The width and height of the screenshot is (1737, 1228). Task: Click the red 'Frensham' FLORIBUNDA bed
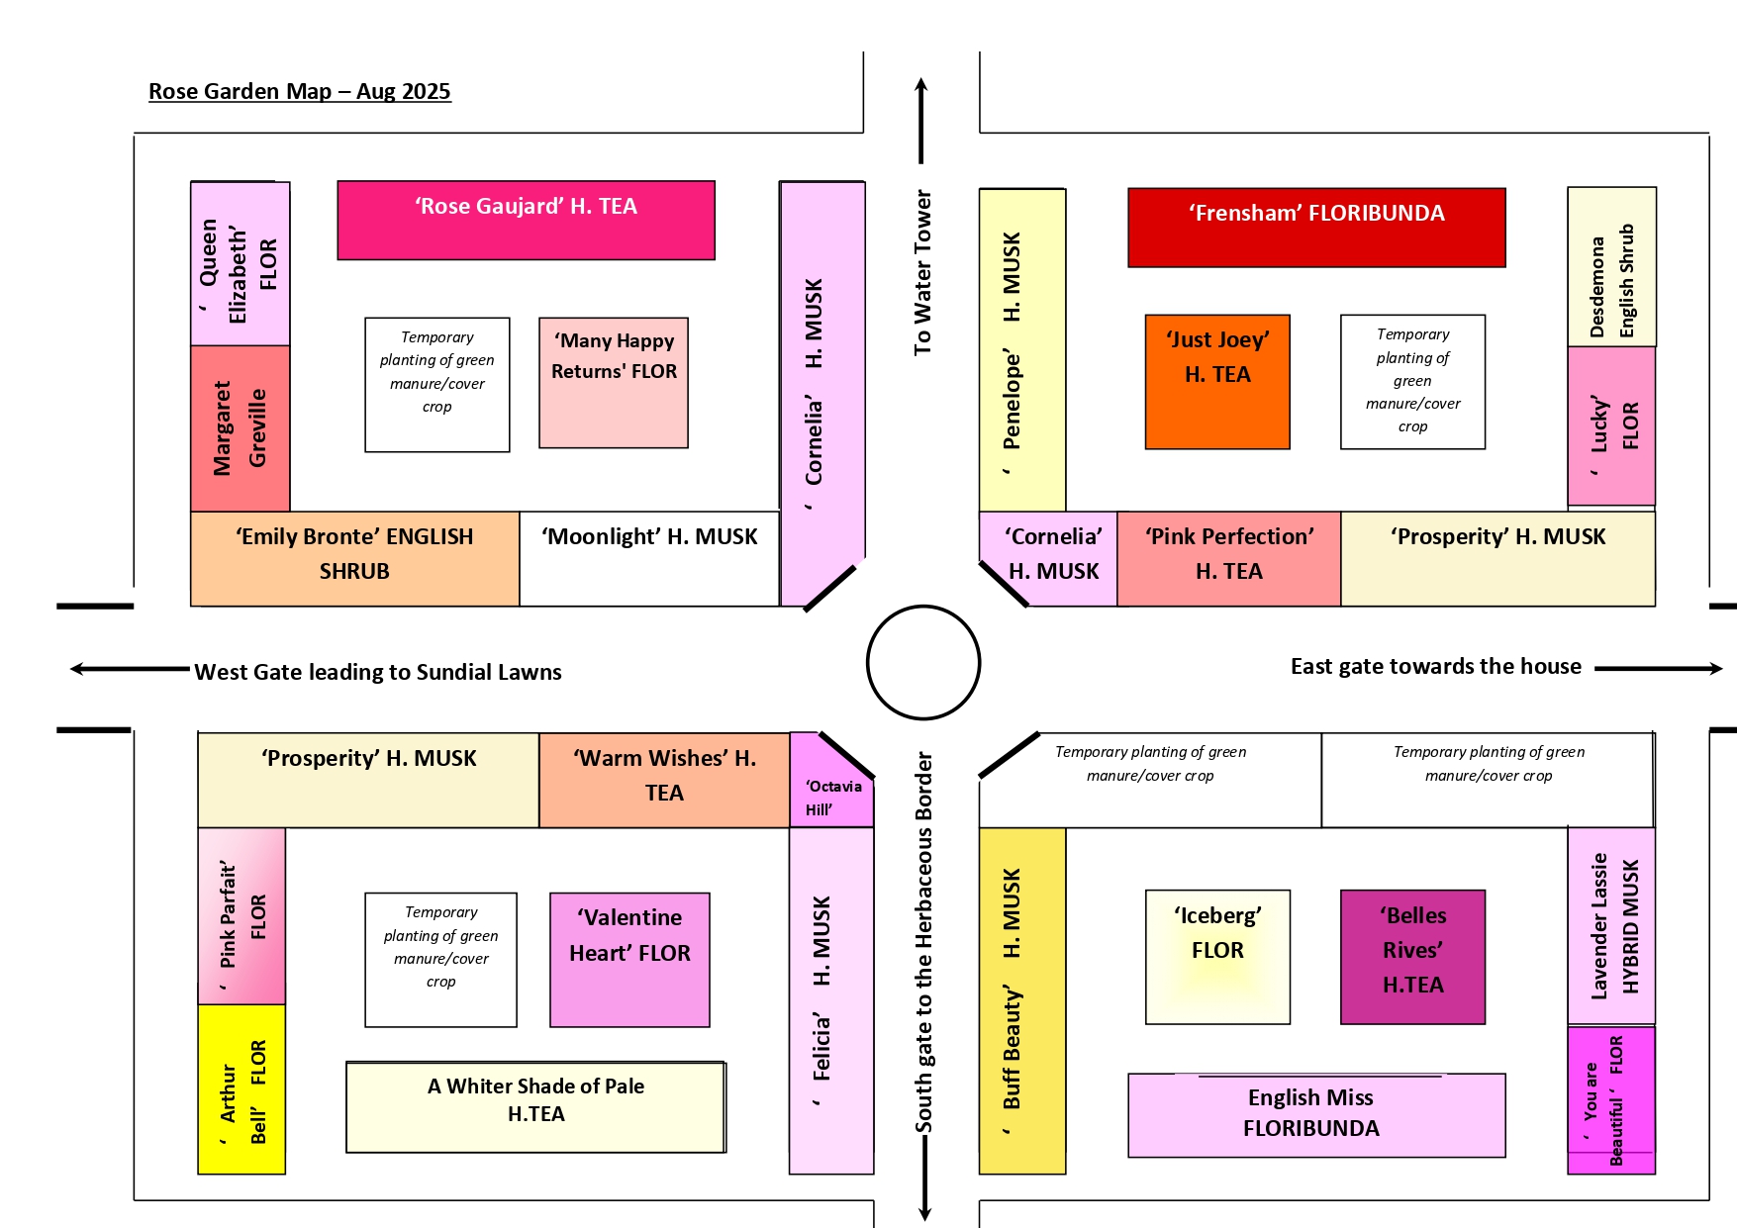1316,228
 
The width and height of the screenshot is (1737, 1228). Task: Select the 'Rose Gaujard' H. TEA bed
526,221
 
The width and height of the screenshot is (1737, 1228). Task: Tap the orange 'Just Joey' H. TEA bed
1217,382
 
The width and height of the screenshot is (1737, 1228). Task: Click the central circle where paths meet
923,662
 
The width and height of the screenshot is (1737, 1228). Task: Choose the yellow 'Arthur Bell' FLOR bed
241,1089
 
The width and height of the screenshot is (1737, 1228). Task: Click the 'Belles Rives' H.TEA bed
1412,957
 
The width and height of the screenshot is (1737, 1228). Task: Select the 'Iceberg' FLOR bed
1217,957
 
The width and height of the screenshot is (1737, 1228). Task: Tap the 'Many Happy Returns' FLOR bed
614,383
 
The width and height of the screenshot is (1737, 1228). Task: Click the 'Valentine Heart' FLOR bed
629,960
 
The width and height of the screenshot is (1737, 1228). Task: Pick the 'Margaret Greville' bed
241,428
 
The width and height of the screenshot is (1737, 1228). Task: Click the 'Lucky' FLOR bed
1611,425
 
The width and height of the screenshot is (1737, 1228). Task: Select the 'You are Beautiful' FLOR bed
1611,1098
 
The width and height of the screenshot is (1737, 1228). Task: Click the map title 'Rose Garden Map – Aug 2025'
299,91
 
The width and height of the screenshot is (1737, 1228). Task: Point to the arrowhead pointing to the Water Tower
921,85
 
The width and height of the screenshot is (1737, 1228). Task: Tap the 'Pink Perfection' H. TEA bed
1229,558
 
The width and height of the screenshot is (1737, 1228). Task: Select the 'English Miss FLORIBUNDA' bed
1316,1115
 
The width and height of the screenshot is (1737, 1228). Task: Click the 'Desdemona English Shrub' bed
1611,267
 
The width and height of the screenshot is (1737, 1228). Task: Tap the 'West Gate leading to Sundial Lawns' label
377,672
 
